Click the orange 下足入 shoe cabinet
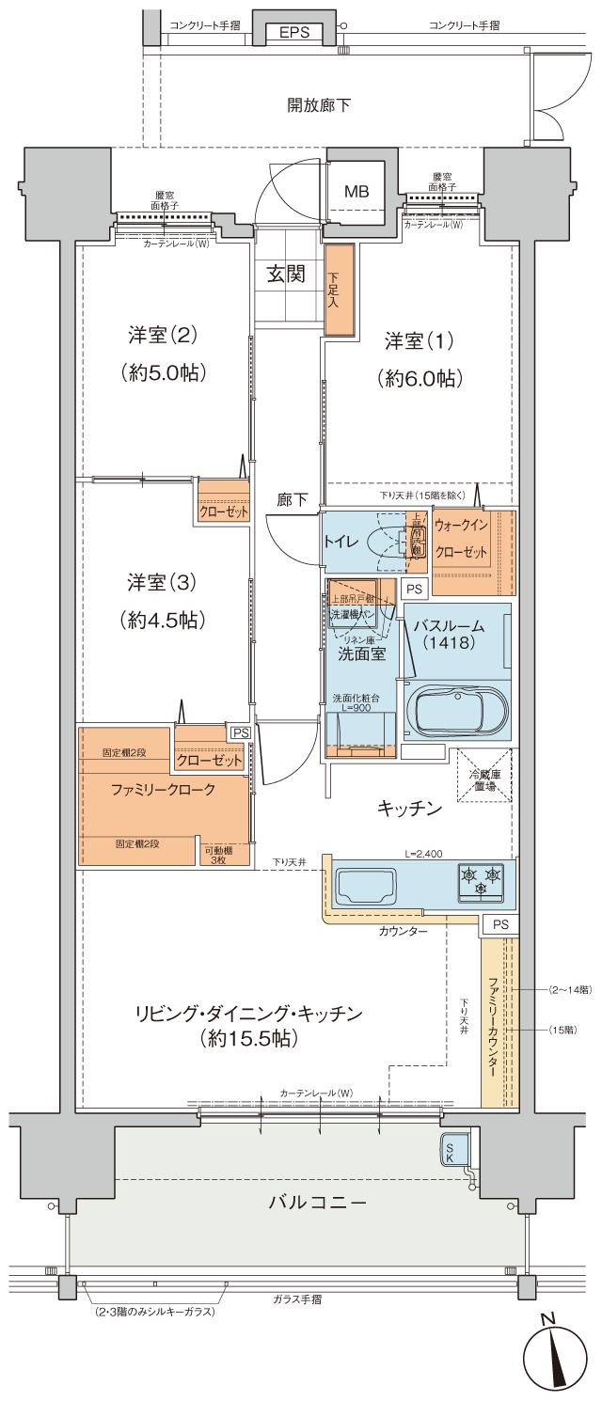pos(339,290)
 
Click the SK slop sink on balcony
pos(451,1151)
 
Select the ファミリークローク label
pos(164,790)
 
